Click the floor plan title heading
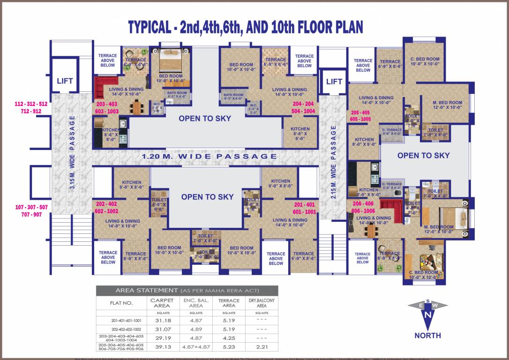pos(246,27)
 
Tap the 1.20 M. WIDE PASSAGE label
pos(209,156)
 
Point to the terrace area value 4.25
pos(229,337)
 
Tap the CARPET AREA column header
pos(162,303)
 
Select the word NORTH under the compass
pos(427,335)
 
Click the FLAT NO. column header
pos(121,303)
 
